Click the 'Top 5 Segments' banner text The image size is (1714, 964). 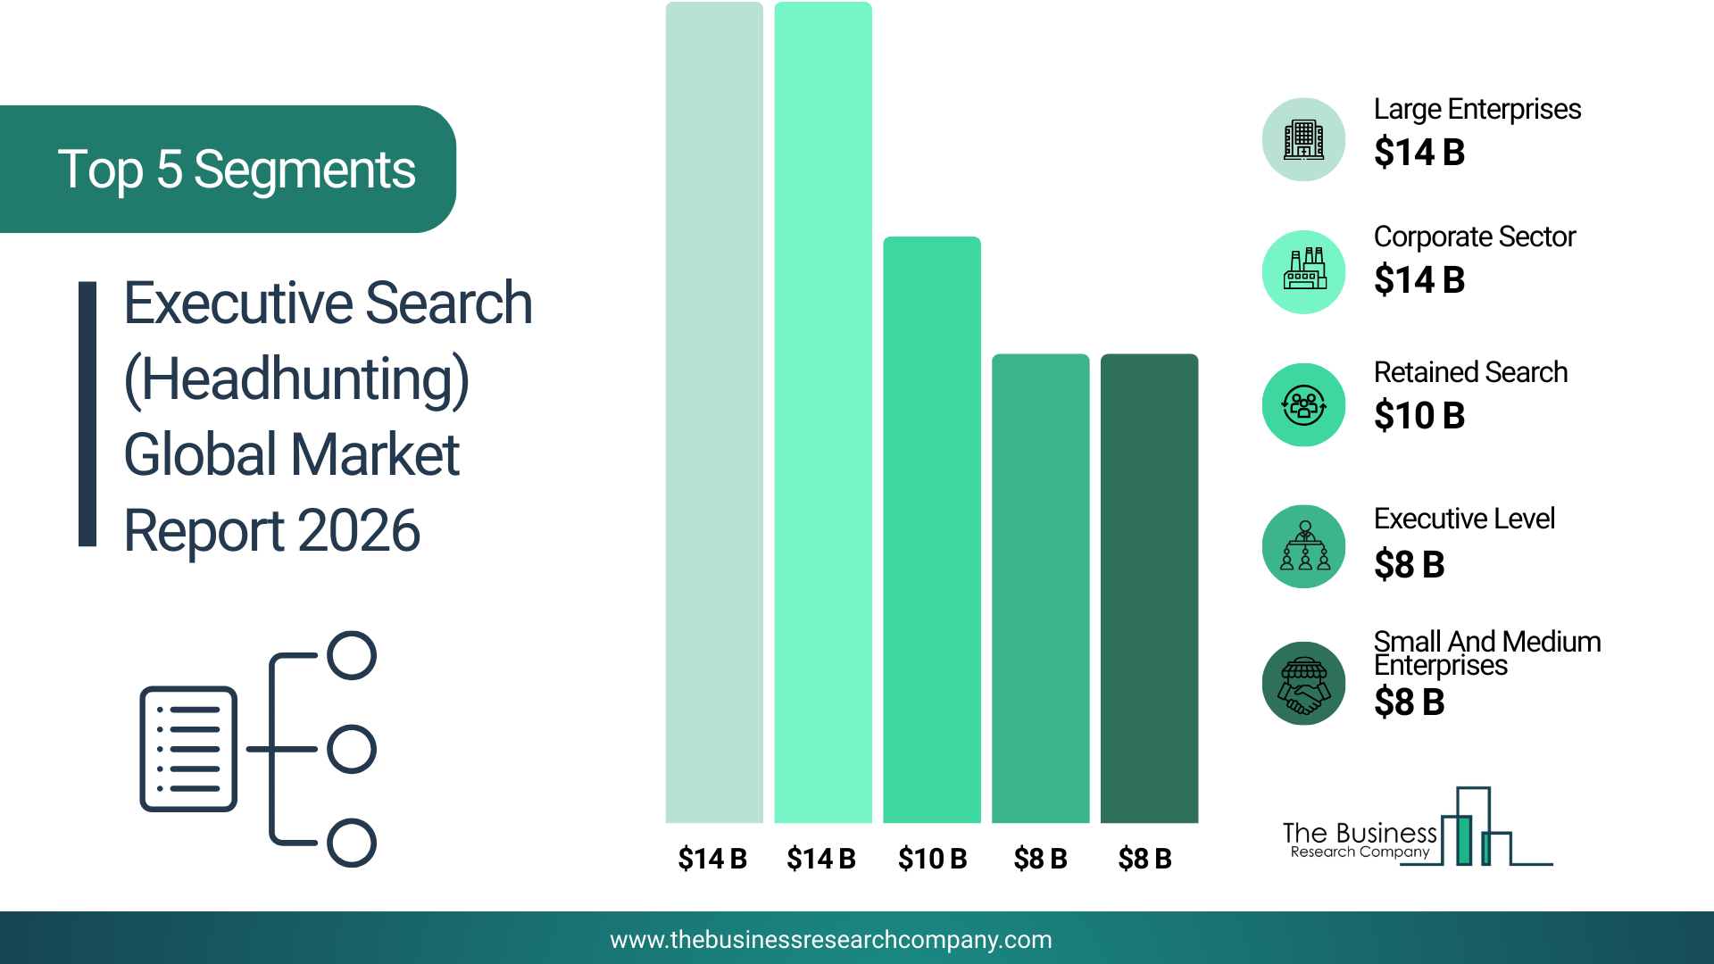coord(237,170)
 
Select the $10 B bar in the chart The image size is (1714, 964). coord(932,529)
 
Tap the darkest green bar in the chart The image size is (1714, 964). coord(1149,588)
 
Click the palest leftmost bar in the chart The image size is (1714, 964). coord(714,412)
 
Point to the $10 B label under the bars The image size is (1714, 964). coord(932,859)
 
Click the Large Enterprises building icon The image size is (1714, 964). coord(1303,140)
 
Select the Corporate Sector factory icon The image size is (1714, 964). coord(1303,271)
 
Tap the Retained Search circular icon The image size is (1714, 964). coord(1303,405)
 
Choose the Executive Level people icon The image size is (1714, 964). coord(1303,546)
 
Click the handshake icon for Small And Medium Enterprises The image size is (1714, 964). coord(1303,684)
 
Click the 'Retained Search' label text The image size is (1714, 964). coord(1470,372)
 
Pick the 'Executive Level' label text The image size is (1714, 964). coord(1464,519)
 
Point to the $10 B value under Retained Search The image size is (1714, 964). coord(1419,416)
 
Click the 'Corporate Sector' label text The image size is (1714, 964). coord(1475,237)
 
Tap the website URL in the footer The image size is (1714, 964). coord(831,940)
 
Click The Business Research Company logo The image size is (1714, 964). coord(1418,827)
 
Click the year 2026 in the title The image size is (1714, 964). coord(358,531)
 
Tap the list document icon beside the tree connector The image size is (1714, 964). coord(188,749)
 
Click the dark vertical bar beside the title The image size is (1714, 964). coord(87,414)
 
